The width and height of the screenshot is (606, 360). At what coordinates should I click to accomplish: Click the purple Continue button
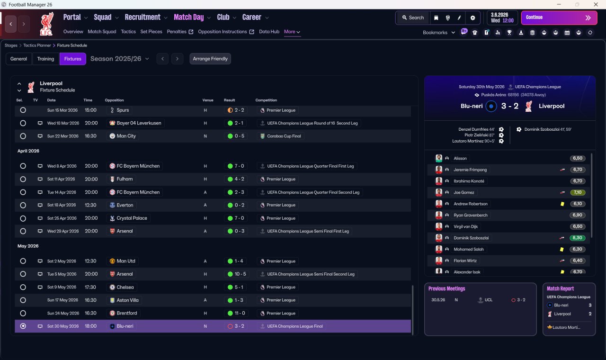(x=559, y=18)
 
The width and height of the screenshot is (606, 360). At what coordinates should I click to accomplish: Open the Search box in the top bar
(x=413, y=18)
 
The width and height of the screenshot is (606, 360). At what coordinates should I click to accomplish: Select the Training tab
(x=45, y=59)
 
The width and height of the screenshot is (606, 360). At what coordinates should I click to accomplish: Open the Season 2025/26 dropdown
(x=120, y=59)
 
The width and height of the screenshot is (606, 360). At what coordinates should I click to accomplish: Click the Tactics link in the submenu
(x=128, y=32)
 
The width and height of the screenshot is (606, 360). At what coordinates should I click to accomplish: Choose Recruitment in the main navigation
(x=143, y=18)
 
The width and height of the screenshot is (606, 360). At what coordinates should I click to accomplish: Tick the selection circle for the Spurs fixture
(x=23, y=110)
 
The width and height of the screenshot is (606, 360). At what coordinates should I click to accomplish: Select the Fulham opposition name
(x=125, y=179)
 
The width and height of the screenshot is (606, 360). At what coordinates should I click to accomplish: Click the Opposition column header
(x=114, y=100)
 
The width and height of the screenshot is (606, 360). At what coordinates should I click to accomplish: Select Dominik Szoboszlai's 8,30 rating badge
(x=577, y=238)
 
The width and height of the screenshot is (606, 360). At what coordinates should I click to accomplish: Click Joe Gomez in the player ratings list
(x=463, y=192)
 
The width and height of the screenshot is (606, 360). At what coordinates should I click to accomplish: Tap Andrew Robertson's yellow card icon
(x=562, y=204)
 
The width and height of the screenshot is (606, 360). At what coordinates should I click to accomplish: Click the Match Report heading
(x=560, y=288)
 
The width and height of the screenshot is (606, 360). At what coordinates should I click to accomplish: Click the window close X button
(x=596, y=4)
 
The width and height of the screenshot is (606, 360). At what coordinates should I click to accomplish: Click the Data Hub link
(x=269, y=32)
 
